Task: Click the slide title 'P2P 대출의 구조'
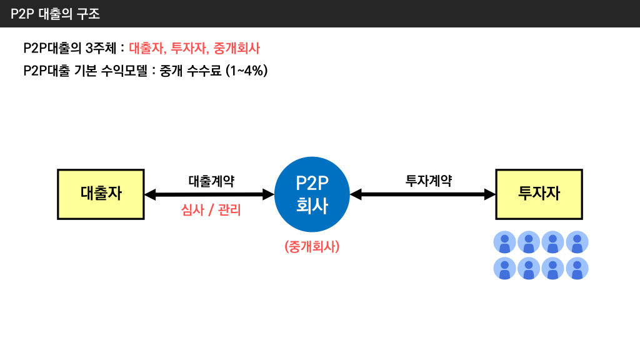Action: pyautogui.click(x=56, y=14)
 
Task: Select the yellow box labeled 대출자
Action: pyautogui.click(x=101, y=194)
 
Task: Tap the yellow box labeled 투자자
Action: pyautogui.click(x=539, y=194)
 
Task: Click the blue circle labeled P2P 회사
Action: pyautogui.click(x=311, y=194)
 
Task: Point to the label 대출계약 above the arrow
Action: pyautogui.click(x=211, y=181)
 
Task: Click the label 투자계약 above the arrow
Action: pyautogui.click(x=429, y=181)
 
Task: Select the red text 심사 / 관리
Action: pyautogui.click(x=211, y=211)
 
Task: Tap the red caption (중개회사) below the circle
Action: pyautogui.click(x=311, y=246)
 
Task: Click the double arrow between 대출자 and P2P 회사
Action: pyautogui.click(x=209, y=195)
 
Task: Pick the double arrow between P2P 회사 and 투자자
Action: pyautogui.click(x=423, y=195)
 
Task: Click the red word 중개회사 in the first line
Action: pyautogui.click(x=236, y=48)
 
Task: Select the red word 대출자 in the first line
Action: pyautogui.click(x=147, y=48)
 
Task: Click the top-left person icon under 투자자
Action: pyautogui.click(x=504, y=242)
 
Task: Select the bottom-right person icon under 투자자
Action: pyautogui.click(x=577, y=269)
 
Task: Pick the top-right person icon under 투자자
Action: pyautogui.click(x=577, y=242)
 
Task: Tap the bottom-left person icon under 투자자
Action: pyautogui.click(x=504, y=269)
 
